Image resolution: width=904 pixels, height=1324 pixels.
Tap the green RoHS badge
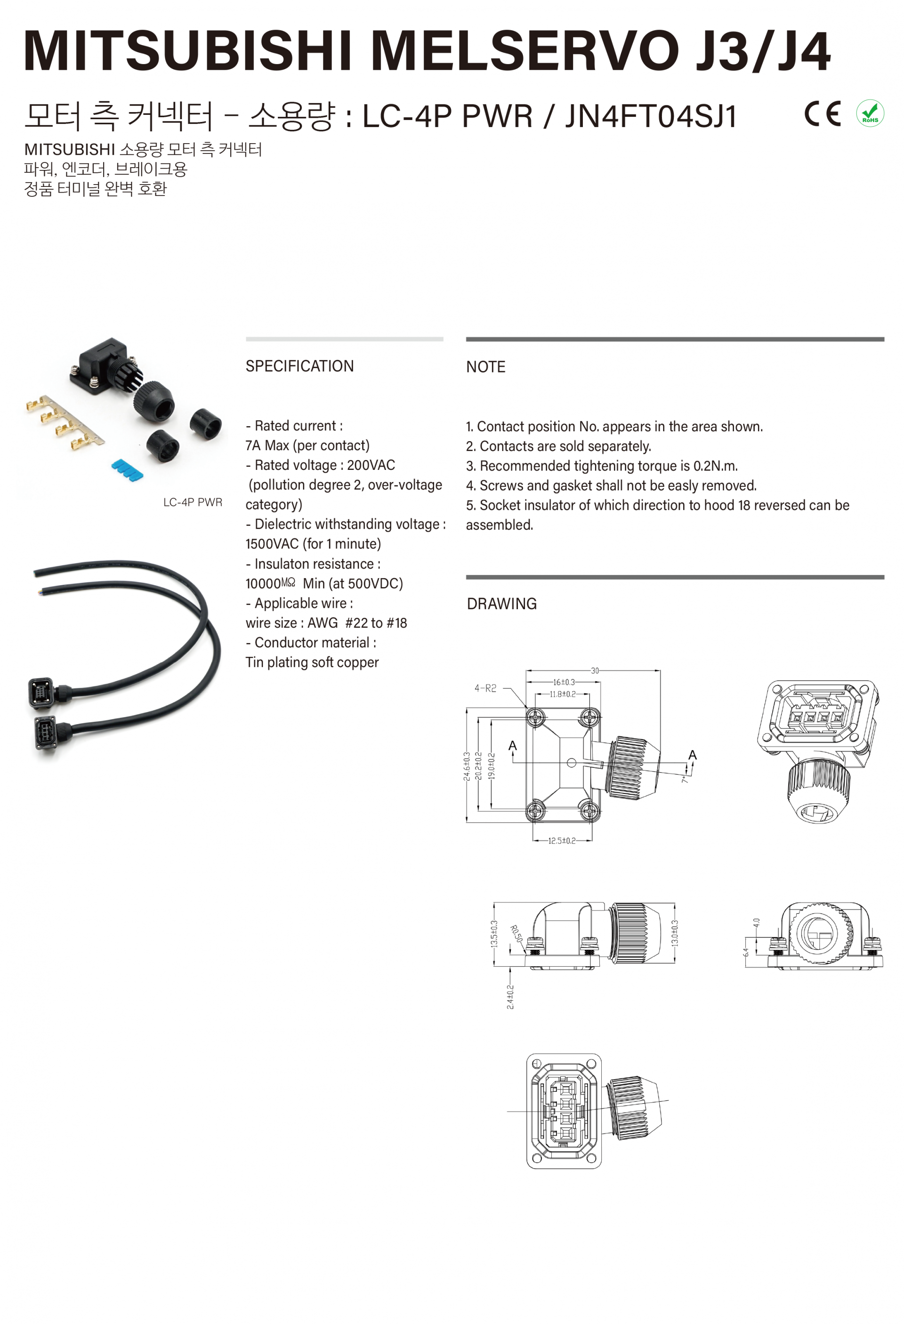tap(870, 113)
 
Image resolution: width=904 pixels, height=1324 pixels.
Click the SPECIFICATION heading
tap(299, 366)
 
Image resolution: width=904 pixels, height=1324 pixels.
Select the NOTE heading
tap(485, 367)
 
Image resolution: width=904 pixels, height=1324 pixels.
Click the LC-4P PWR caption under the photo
tap(193, 502)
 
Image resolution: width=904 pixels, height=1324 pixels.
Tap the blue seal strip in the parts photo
tap(127, 469)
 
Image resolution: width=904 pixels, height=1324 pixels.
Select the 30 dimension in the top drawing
tap(595, 670)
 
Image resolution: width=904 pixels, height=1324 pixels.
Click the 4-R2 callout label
tap(485, 688)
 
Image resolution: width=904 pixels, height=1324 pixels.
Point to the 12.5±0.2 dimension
tap(562, 840)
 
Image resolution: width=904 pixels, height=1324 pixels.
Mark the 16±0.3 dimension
tap(564, 682)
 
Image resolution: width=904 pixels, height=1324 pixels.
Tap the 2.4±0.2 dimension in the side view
tap(510, 996)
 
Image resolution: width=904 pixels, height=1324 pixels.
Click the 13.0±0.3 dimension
tap(675, 933)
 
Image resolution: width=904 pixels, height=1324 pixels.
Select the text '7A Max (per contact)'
tap(307, 445)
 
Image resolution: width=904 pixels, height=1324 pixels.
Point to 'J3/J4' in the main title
tap(762, 51)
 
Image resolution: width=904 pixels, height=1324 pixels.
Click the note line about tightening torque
tap(602, 466)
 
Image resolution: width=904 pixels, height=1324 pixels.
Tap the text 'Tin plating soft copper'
tap(312, 662)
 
